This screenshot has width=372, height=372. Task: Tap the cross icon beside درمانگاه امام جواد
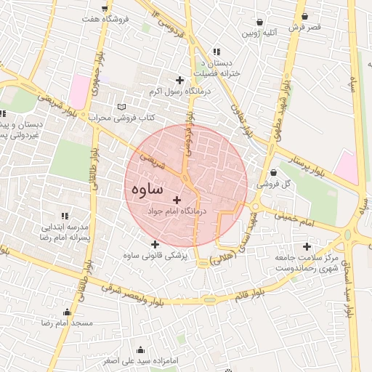[177, 199]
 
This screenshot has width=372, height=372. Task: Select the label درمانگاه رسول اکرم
[179, 92]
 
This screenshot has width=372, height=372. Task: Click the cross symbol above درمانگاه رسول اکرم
[179, 79]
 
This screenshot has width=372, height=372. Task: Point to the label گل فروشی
[277, 185]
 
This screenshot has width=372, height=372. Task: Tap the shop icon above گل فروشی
[272, 173]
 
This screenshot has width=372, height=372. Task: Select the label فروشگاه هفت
[107, 18]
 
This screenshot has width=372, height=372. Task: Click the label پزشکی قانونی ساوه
[155, 256]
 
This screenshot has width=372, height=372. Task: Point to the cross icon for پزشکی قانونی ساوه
[155, 243]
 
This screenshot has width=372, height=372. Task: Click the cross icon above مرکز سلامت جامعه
[307, 246]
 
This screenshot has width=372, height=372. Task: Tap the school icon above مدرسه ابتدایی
[65, 215]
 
